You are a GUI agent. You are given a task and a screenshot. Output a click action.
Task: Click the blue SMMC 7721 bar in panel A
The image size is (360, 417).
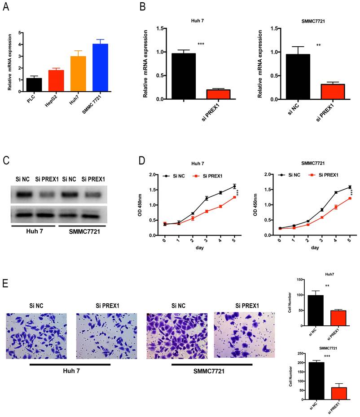[x=101, y=67]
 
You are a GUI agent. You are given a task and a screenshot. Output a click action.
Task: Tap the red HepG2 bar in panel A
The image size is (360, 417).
[x=56, y=81]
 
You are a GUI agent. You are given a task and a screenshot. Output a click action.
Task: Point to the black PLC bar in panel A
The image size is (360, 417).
[x=34, y=84]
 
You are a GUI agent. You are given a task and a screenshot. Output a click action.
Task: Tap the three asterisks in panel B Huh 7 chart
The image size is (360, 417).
[x=201, y=44]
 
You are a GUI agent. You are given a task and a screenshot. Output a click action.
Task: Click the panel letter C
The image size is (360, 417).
[x=6, y=161]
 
